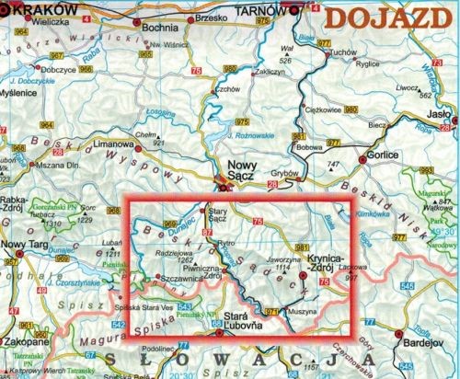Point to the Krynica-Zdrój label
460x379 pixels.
(328, 258)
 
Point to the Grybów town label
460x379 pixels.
(278, 171)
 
